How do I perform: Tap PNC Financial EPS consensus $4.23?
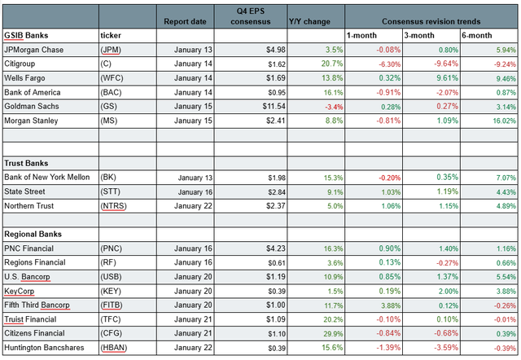click(269, 248)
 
